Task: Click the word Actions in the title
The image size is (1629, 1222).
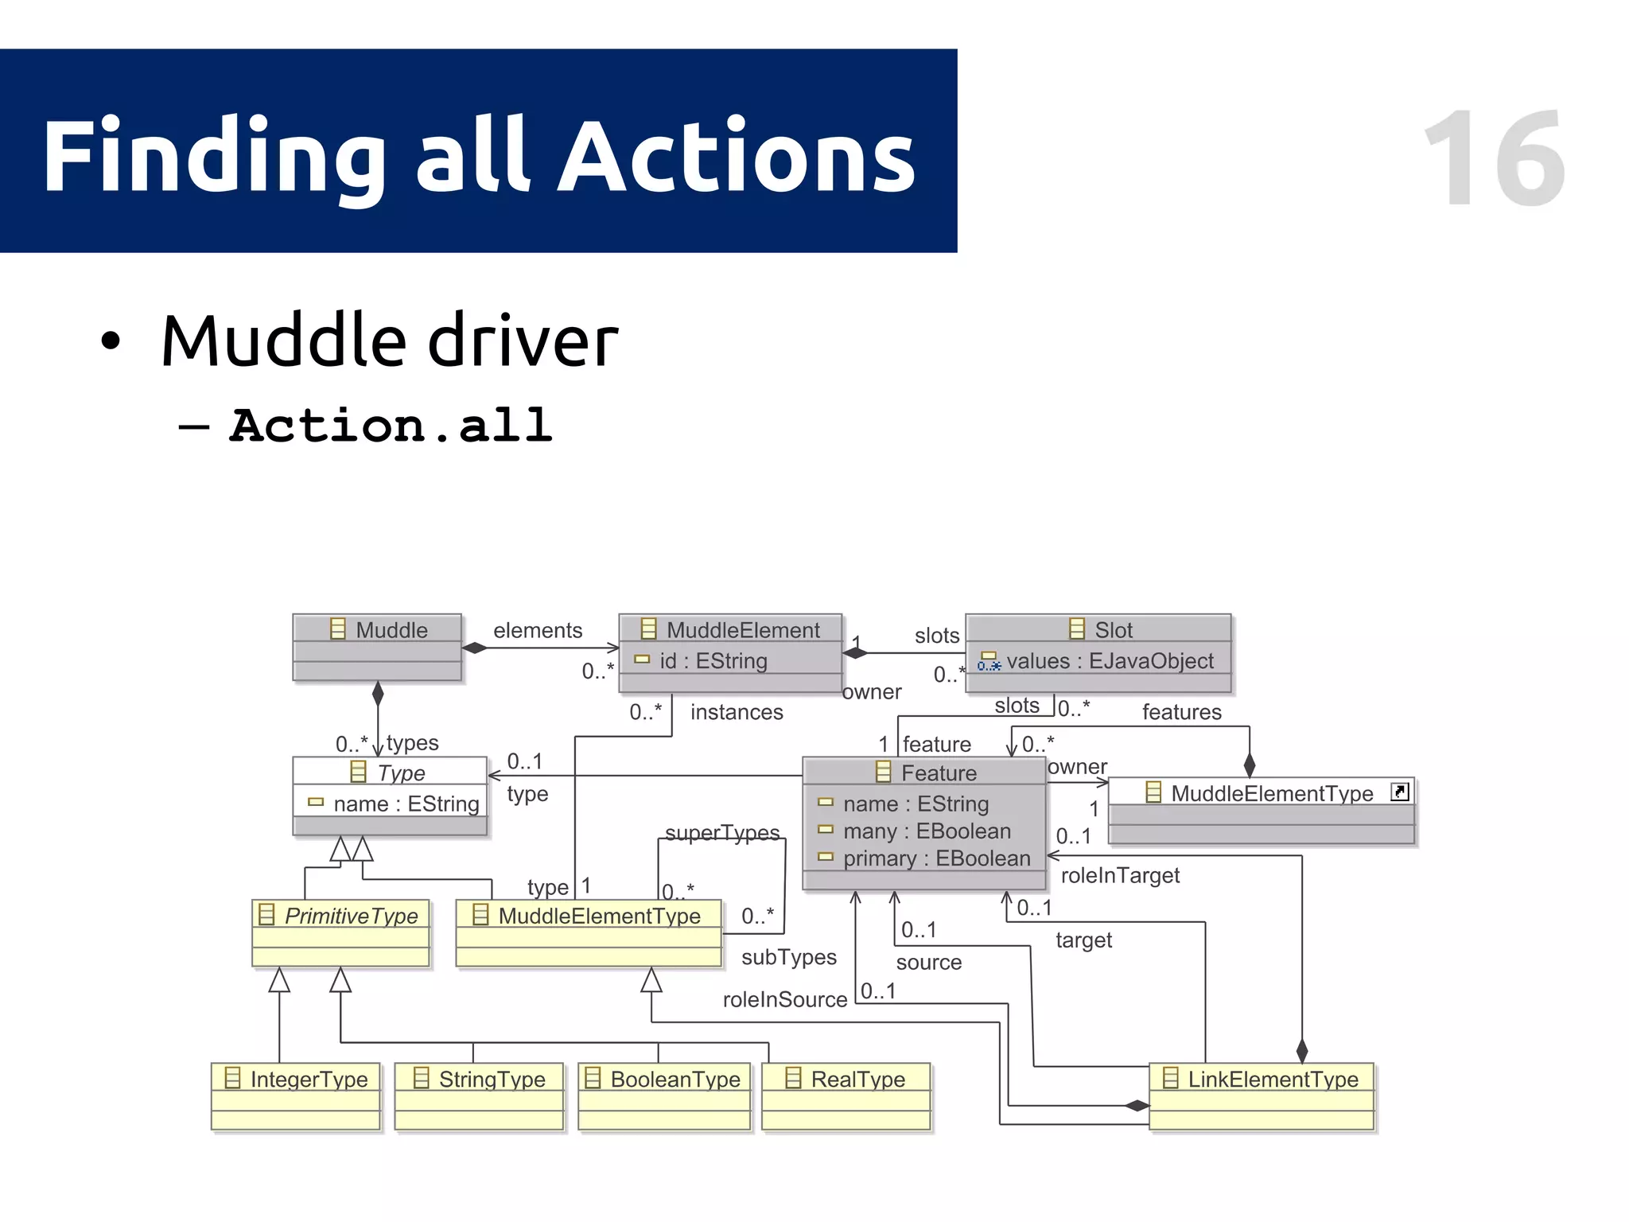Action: tap(736, 156)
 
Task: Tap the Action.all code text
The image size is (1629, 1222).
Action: tap(391, 425)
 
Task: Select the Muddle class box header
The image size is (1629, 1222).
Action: tap(377, 629)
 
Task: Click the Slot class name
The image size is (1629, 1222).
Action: tap(1112, 629)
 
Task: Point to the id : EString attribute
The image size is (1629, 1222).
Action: tap(713, 660)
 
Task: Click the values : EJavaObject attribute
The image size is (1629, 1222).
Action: tap(1110, 660)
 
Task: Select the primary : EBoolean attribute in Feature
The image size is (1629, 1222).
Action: tap(936, 858)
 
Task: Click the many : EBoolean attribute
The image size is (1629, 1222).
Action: tap(927, 831)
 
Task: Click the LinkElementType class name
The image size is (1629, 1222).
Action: tap(1272, 1079)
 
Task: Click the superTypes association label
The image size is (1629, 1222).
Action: tap(721, 832)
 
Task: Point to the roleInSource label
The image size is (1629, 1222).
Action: tap(784, 999)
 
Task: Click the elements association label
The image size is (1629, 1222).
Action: tap(538, 630)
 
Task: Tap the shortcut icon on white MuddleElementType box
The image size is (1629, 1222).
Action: tap(1399, 792)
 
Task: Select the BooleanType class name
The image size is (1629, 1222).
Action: tap(675, 1079)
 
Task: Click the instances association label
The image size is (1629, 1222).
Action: tap(737, 712)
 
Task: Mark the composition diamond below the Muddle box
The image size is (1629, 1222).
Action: tap(378, 694)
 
